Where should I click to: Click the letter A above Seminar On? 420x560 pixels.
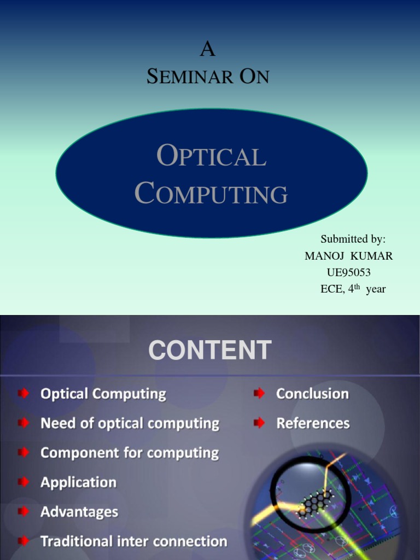pyautogui.click(x=208, y=50)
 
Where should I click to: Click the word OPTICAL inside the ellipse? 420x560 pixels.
pyautogui.click(x=211, y=156)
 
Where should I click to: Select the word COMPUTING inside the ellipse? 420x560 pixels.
pyautogui.click(x=211, y=194)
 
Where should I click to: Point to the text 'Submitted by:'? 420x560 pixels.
pyautogui.click(x=353, y=239)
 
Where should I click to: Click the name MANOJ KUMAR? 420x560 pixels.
pyautogui.click(x=348, y=256)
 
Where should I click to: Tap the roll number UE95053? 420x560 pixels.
pyautogui.click(x=348, y=272)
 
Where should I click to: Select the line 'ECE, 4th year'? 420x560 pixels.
pyautogui.click(x=353, y=289)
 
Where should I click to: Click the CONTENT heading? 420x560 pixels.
pyautogui.click(x=209, y=351)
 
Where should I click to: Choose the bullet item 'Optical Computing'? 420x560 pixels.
pyautogui.click(x=103, y=394)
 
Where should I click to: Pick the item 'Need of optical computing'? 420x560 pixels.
pyautogui.click(x=130, y=423)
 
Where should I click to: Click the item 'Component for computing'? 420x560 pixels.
pyautogui.click(x=129, y=453)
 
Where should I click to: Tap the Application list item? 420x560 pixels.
pyautogui.click(x=78, y=482)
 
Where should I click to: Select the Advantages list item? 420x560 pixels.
pyautogui.click(x=79, y=512)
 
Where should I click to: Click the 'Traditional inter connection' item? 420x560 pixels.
pyautogui.click(x=133, y=541)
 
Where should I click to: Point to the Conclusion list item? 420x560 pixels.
pyautogui.click(x=312, y=394)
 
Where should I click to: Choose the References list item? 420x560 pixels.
pyautogui.click(x=313, y=423)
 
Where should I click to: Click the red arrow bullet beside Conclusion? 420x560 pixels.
pyautogui.click(x=259, y=394)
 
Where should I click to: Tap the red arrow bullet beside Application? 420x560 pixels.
pyautogui.click(x=24, y=482)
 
